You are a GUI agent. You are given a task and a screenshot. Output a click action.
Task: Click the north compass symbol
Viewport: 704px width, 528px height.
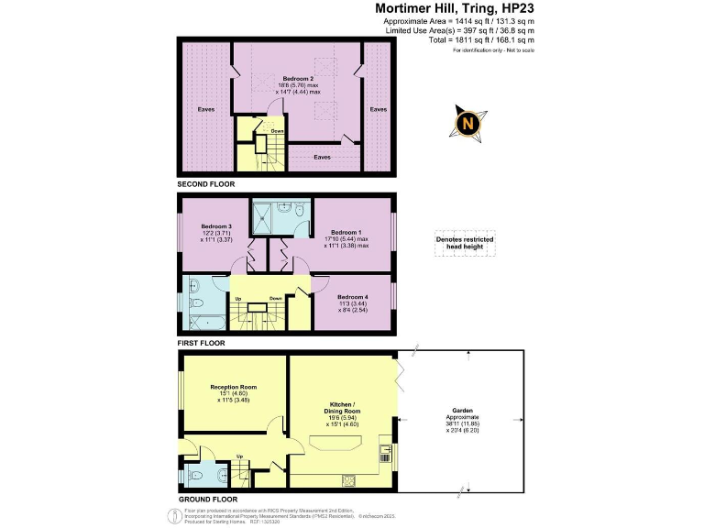point(468,122)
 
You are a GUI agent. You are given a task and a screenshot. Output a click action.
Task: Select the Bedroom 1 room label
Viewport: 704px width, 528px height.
point(350,233)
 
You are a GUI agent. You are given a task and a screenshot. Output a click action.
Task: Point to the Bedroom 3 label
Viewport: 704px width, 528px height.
point(216,226)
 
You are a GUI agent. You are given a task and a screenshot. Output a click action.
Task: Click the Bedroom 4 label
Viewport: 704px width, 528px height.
point(354,297)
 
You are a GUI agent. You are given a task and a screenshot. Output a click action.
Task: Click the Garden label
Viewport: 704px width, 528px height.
point(462,411)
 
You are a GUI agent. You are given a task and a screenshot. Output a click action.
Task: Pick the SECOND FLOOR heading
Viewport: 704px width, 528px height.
point(206,184)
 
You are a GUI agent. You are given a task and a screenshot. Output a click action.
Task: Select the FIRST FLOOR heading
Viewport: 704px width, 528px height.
point(202,343)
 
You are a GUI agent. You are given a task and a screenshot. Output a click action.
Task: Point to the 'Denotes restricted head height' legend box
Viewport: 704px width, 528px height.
point(465,243)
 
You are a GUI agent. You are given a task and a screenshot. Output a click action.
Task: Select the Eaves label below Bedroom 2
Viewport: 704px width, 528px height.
point(322,157)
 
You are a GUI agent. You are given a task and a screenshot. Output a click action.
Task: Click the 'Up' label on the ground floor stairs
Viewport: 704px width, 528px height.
point(241,456)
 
